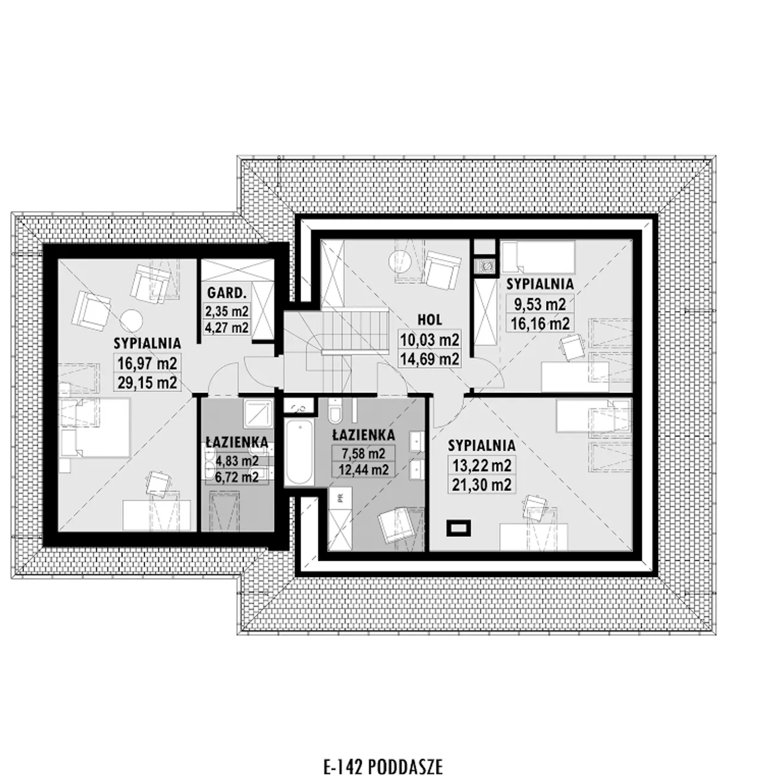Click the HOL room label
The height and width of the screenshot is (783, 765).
pos(430,320)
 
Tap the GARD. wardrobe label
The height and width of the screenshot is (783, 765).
pos(227,293)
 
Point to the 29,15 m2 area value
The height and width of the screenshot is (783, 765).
pos(147,383)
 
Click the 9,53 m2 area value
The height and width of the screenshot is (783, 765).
pos(540,304)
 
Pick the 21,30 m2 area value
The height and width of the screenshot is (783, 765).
pos(482,485)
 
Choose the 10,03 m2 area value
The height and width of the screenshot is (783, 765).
pos(429,340)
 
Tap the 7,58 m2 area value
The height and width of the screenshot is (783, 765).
pos(363,454)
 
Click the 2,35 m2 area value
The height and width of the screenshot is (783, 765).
pos(227,311)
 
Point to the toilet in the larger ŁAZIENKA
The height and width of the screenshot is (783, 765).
pos(334,410)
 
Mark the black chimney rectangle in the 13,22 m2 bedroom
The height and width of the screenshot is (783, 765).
pos(458,528)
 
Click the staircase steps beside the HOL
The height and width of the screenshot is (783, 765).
pos(355,331)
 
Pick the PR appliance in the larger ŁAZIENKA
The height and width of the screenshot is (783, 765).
pos(340,499)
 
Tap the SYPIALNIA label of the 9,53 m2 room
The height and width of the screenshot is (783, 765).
pos(540,284)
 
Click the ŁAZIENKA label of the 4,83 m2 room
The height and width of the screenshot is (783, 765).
pos(237,442)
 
